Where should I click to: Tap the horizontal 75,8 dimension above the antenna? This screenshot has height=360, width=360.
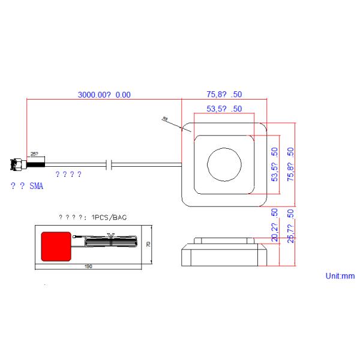click(x=224, y=95)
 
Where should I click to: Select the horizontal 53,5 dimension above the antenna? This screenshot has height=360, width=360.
click(x=224, y=109)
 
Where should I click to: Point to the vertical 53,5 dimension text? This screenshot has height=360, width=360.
click(x=275, y=164)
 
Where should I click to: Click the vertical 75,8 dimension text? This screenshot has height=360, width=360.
click(x=290, y=164)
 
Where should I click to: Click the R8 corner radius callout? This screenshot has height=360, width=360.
click(x=165, y=119)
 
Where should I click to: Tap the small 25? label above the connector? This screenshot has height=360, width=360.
click(x=34, y=154)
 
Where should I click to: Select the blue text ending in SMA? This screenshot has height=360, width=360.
click(x=28, y=187)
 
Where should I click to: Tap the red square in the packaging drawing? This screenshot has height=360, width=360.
click(x=56, y=247)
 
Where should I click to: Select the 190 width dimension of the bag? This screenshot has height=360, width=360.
click(x=89, y=266)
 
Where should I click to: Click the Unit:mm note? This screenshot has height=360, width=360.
click(x=340, y=276)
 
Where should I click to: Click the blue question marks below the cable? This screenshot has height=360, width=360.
click(x=68, y=175)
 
